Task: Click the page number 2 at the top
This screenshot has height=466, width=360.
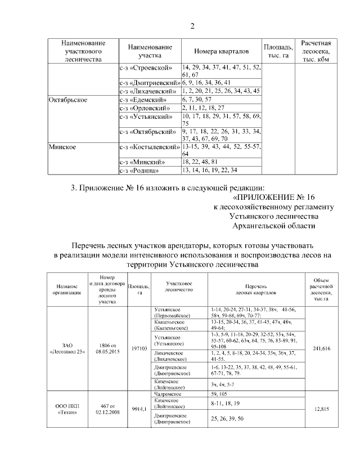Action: [x=192, y=26]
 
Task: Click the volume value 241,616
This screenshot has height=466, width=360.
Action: [x=321, y=349]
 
